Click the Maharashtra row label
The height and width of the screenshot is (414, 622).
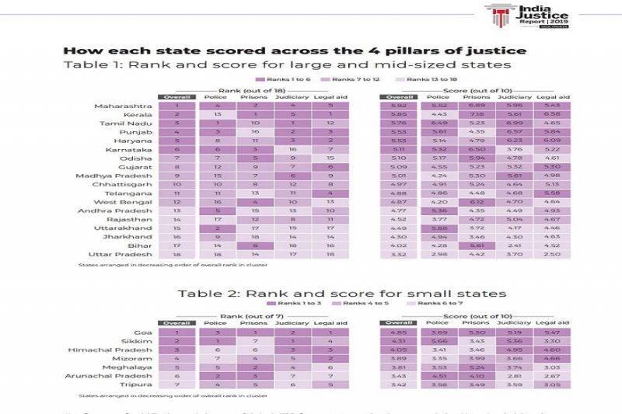(117, 105)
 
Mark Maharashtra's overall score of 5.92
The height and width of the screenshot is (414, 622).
(400, 105)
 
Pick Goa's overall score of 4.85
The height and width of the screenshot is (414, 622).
(400, 332)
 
